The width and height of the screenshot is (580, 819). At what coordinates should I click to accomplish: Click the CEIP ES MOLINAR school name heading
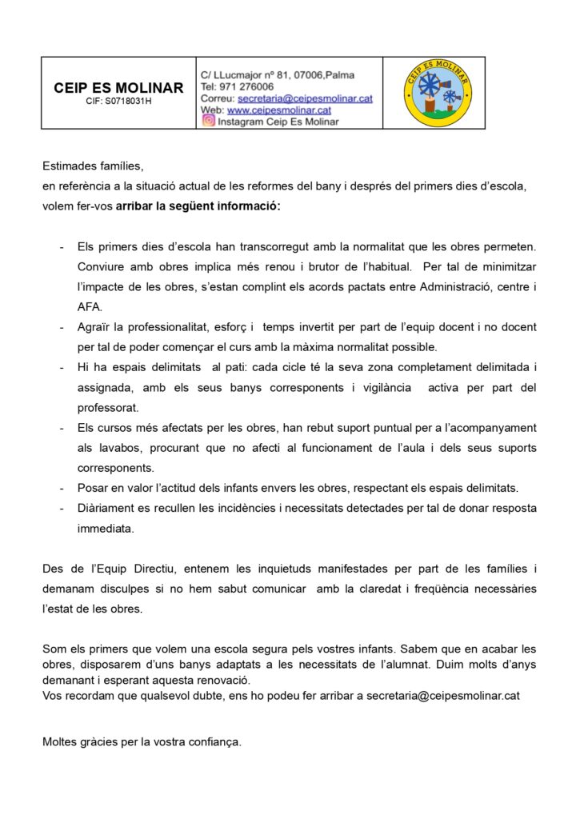pyautogui.click(x=118, y=88)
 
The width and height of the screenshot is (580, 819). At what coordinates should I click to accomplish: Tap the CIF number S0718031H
pyautogui.click(x=118, y=102)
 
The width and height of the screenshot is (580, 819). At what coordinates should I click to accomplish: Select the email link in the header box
pyautogui.click(x=305, y=98)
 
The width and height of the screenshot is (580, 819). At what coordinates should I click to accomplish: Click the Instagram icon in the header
pyautogui.click(x=208, y=121)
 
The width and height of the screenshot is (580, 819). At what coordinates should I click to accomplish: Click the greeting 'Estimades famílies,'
pyautogui.click(x=93, y=166)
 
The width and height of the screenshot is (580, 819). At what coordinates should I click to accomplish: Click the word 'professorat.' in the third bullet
pyautogui.click(x=107, y=407)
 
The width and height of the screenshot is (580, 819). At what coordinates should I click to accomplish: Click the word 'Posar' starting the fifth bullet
pyautogui.click(x=92, y=488)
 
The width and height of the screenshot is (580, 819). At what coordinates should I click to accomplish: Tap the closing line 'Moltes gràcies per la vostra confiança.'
pyautogui.click(x=142, y=741)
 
